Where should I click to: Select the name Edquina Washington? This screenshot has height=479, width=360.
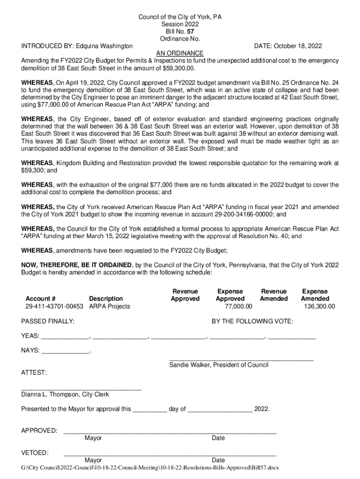(104, 46)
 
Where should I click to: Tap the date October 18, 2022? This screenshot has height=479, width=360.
(297, 46)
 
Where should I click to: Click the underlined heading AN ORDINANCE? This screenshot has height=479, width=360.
(180, 53)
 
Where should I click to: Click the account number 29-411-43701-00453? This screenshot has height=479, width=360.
(54, 306)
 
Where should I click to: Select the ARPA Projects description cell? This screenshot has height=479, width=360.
(109, 306)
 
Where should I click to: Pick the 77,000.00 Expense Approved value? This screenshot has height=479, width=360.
(238, 306)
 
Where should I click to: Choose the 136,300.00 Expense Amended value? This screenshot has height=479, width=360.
(318, 306)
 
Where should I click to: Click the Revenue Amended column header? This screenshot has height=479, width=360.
(274, 295)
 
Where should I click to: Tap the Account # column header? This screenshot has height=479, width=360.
(41, 298)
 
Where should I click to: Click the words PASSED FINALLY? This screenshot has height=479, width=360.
(48, 321)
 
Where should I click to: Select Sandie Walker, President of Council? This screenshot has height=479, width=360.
(218, 365)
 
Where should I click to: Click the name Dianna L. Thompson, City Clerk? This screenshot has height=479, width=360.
(65, 394)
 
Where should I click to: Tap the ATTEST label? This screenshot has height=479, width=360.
(34, 372)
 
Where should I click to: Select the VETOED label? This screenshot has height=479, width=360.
(35, 453)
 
